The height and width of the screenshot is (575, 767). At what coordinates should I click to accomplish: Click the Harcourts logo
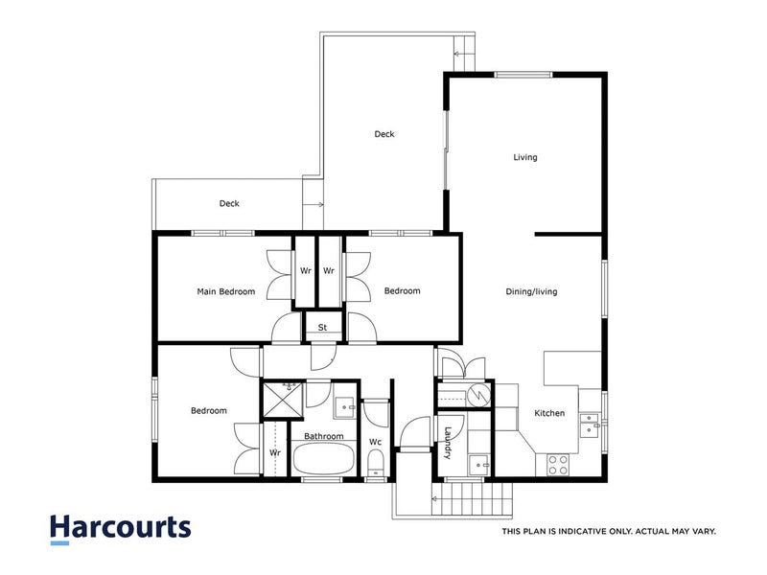[x=120, y=528]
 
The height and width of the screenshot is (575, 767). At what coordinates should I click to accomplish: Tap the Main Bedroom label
[x=226, y=291]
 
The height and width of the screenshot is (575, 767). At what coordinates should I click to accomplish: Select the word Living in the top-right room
[x=525, y=157]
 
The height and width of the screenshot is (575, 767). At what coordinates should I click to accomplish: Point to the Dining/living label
[x=532, y=291]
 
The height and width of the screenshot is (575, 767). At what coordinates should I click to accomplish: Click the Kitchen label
[x=549, y=413]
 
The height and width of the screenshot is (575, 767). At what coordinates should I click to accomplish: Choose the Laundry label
[x=447, y=442]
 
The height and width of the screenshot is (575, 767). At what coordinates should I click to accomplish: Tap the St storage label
[x=323, y=328]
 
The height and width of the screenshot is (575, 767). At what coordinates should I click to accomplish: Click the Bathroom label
[x=324, y=436]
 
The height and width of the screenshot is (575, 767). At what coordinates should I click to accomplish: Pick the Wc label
[x=376, y=442]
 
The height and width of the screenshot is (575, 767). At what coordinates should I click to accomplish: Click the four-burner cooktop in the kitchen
[x=558, y=465]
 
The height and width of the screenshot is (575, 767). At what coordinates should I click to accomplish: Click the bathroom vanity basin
[x=344, y=406]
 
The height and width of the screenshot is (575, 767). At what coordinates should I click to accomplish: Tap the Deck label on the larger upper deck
[x=383, y=134]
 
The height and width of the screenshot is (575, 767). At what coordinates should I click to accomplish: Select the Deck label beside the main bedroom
[x=229, y=203]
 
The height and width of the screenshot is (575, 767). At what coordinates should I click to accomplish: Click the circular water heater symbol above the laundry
[x=476, y=395]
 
